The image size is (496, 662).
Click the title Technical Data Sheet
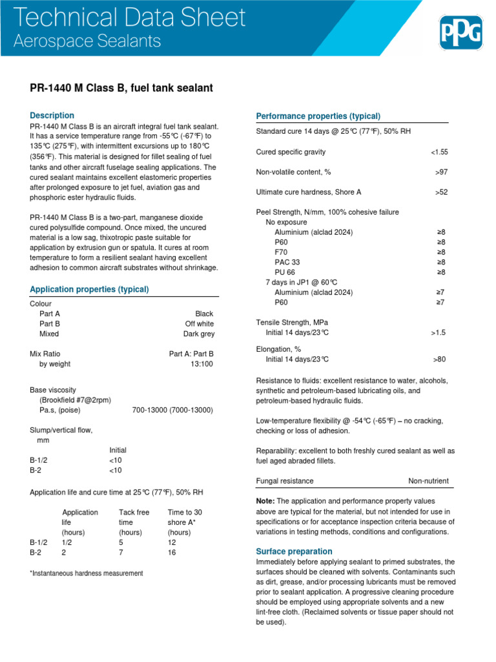coord(130,17)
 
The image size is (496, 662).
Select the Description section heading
coord(52,115)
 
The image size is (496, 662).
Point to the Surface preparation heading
coord(294,551)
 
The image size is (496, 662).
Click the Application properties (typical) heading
coord(89,289)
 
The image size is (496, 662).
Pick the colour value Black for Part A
coord(204,314)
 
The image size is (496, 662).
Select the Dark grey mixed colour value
coord(199,334)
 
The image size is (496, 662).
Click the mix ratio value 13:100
coord(200,364)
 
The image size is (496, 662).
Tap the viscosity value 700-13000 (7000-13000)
coord(172,410)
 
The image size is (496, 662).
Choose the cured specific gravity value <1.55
coord(439,152)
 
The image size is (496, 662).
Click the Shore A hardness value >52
coord(441,192)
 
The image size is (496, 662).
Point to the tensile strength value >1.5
coord(438,332)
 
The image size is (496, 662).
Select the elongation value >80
coord(439,359)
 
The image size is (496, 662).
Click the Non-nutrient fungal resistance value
coord(428,481)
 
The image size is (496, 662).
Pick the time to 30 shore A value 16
coord(172,553)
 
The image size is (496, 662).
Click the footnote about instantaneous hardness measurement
coord(87,573)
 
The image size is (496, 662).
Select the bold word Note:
coord(265,501)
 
